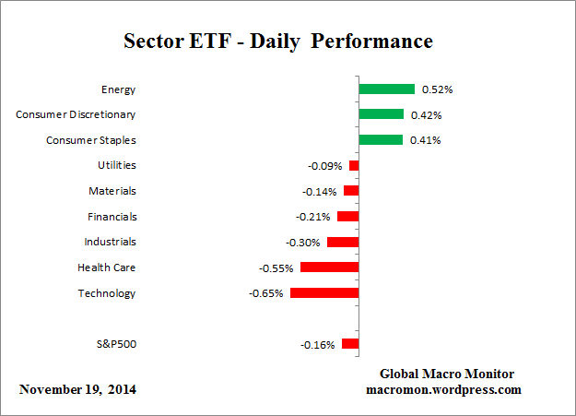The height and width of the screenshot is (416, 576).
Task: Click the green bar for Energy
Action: point(386,89)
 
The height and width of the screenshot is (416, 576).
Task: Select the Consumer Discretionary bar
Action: point(381,114)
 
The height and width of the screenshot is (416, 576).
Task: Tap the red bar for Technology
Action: point(324,292)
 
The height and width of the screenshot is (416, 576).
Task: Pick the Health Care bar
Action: point(329,267)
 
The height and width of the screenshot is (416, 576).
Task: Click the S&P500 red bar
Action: point(350,343)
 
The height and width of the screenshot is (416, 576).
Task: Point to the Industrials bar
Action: point(343,242)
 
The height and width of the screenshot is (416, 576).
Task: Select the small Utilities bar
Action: point(354,166)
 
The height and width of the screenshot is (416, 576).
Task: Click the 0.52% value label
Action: point(437,89)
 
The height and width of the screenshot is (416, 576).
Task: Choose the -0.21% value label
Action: point(312,217)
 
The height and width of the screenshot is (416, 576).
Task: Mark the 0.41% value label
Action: point(426,140)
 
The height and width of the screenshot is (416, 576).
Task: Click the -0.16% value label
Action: point(317,344)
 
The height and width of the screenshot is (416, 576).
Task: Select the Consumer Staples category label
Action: point(91,140)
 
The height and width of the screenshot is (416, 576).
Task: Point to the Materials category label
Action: point(112,191)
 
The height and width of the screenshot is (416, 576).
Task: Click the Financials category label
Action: point(112,217)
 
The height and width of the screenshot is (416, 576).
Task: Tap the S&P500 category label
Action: point(116,344)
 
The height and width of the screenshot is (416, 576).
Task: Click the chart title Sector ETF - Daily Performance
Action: point(277,42)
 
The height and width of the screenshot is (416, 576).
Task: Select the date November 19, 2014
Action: point(77,389)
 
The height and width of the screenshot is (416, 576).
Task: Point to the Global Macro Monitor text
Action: point(447,374)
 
